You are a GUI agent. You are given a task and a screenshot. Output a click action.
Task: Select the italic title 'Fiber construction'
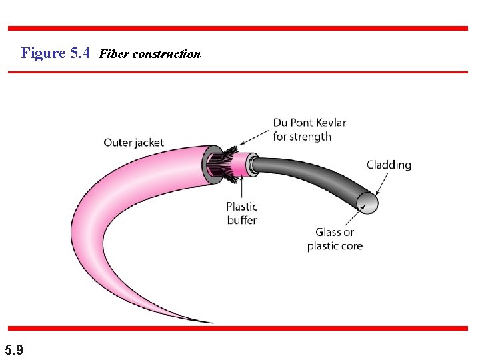pos(149,54)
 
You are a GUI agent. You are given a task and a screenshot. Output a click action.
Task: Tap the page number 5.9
pos(13,349)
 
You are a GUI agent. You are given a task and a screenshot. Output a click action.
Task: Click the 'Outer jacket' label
pos(133,143)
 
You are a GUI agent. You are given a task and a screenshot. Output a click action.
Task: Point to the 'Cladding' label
pos(389,165)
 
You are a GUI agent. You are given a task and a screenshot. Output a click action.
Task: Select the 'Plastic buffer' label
pos(241,213)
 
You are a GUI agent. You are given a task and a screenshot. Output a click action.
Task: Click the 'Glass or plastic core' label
pos(335,239)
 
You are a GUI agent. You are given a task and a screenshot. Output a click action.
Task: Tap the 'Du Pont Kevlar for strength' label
pos(309,130)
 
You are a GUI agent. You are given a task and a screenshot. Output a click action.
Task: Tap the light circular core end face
pos(367,201)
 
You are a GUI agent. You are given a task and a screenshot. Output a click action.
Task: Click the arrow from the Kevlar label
pos(253,142)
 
